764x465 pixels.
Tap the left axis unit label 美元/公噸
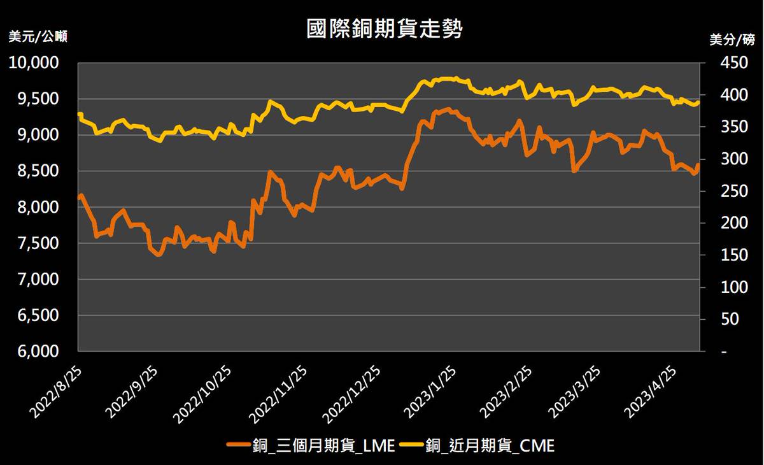tap(37, 37)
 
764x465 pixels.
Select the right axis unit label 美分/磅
tap(732, 39)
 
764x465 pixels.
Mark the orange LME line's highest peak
tap(448, 109)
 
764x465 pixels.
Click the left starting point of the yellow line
tap(79, 114)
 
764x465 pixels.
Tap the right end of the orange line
tap(698, 165)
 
